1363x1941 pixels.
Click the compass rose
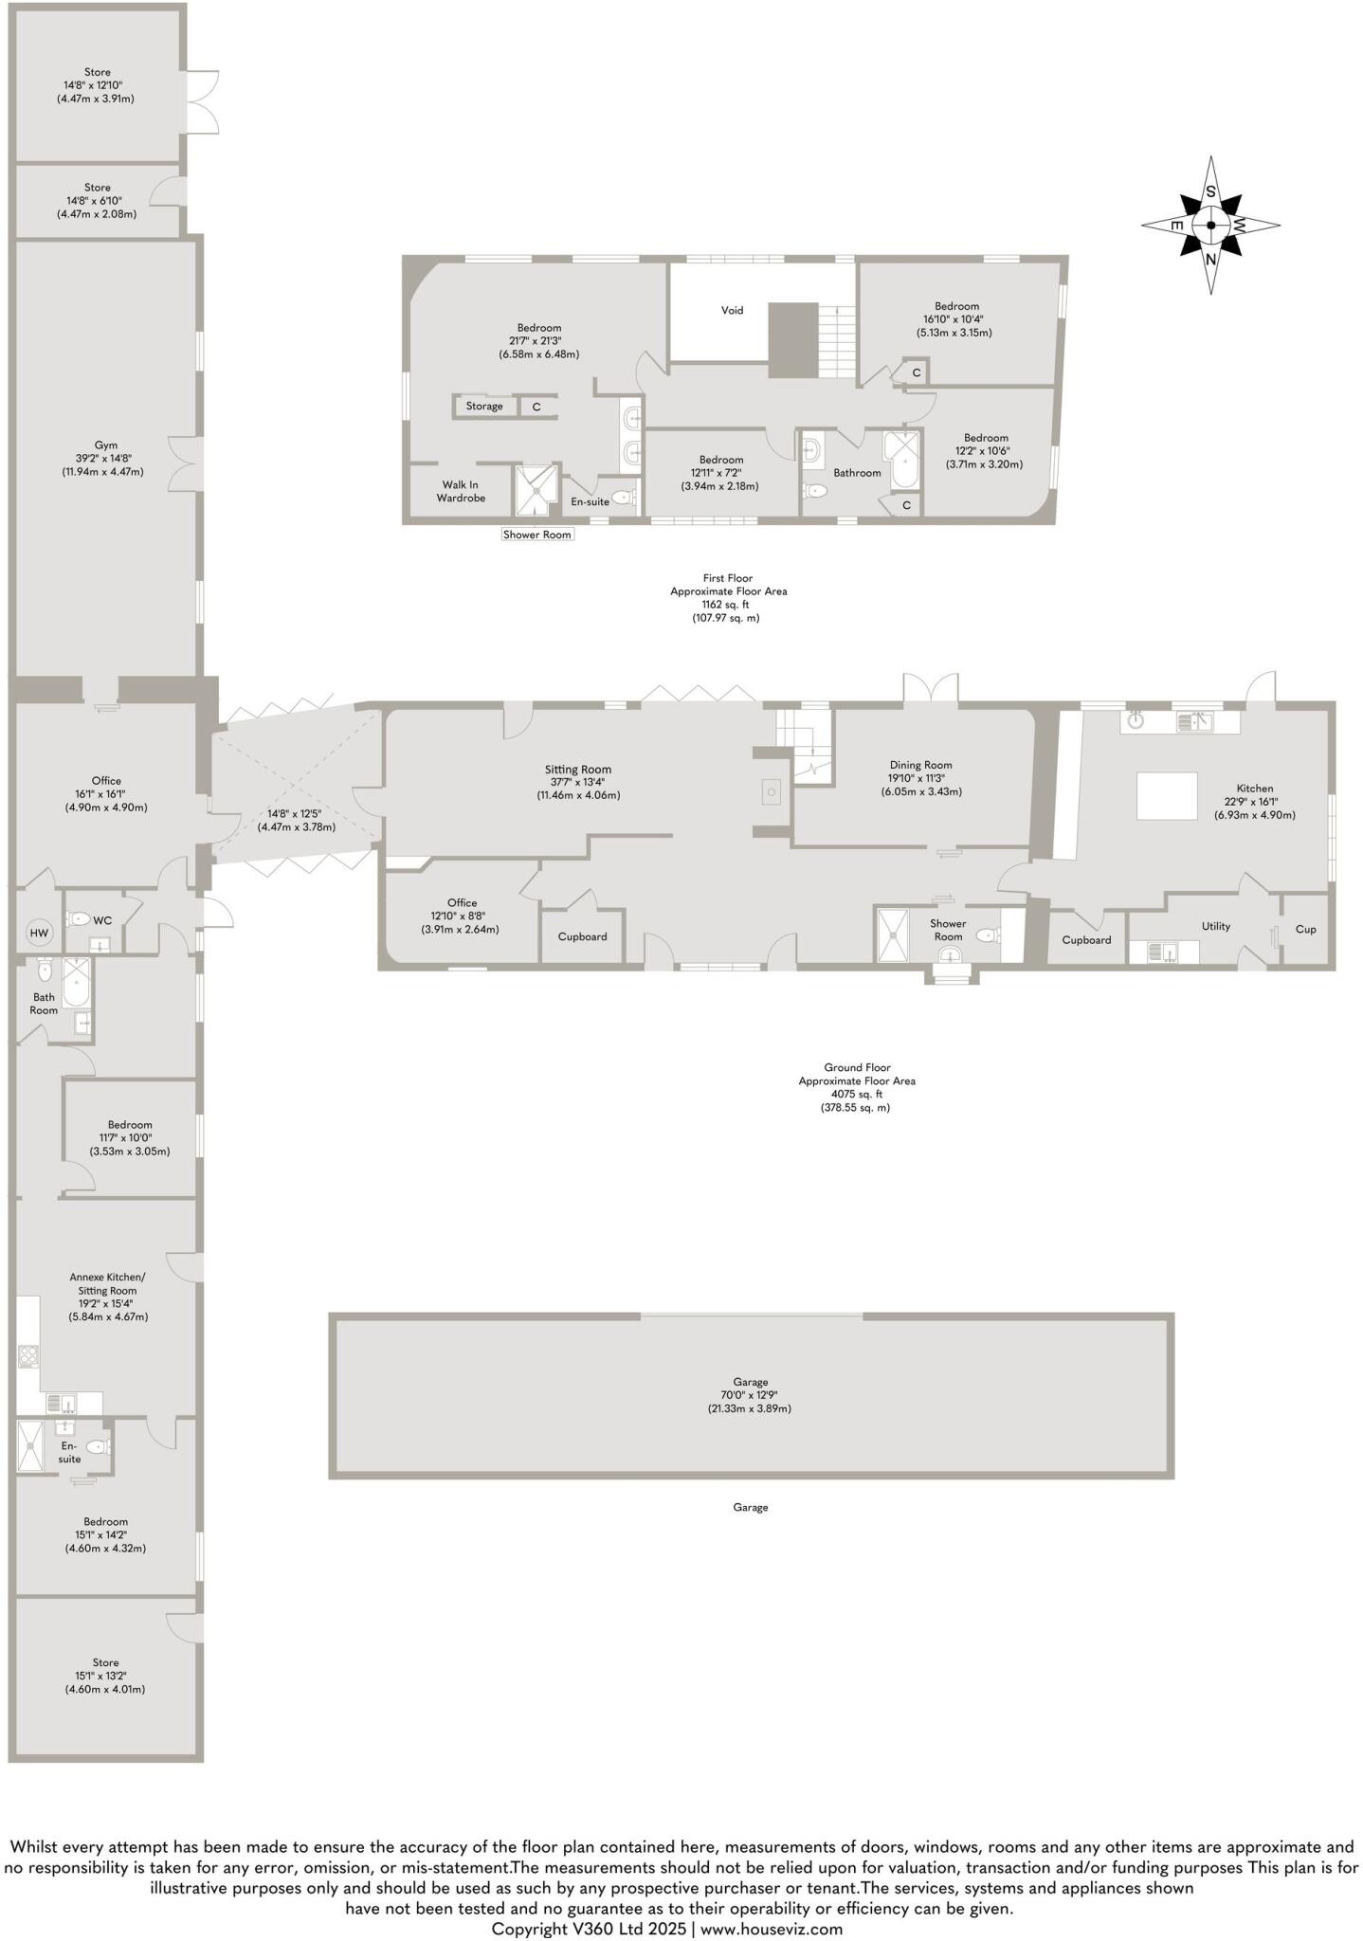[1210, 226]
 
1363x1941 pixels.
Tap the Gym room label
[105, 444]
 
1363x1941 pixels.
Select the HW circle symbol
[39, 934]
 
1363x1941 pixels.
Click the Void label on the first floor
[732, 310]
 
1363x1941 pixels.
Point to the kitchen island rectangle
[1167, 795]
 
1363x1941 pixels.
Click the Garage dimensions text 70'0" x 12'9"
[750, 1395]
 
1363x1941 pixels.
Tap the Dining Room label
[920, 765]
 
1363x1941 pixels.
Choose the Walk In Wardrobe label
[461, 491]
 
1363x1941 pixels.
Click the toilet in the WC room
[79, 918]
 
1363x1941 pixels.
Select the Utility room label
[1215, 926]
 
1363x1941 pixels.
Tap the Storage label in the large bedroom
[484, 407]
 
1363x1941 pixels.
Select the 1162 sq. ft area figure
[728, 604]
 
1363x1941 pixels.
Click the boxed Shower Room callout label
[537, 535]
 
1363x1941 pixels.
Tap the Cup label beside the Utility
[1305, 929]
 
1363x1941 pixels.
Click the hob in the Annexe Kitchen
[27, 1357]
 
